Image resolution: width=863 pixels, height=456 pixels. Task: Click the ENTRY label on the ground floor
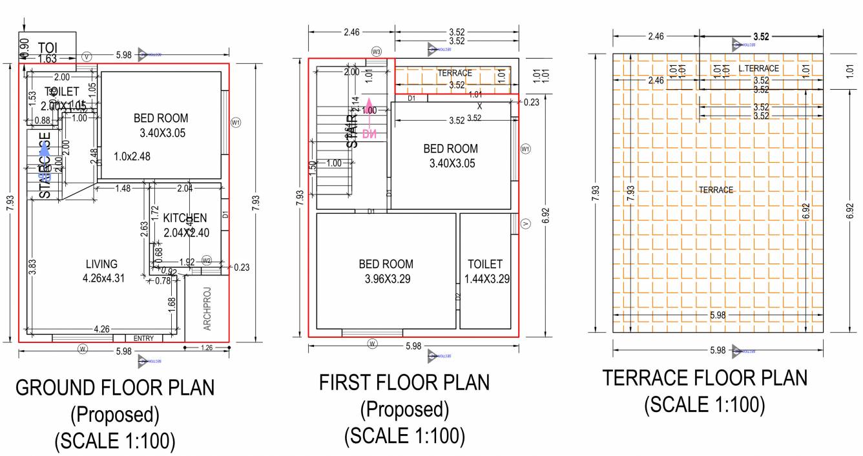coord(143,338)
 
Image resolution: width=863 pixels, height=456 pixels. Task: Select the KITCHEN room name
coord(185,218)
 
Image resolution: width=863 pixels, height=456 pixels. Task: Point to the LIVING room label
coord(101,264)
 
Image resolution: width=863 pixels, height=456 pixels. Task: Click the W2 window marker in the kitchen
coord(207,260)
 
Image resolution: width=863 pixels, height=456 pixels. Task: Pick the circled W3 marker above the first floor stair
coord(377,51)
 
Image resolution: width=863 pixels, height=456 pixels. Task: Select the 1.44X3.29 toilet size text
coord(484,279)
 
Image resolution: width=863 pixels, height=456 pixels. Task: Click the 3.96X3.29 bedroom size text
coord(386,279)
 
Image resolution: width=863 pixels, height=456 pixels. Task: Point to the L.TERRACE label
coord(758,68)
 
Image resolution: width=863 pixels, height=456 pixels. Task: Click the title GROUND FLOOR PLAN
coord(115,388)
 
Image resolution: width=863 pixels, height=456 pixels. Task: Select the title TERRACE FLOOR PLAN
coord(705,378)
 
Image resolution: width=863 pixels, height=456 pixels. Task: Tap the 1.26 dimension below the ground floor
coord(207,348)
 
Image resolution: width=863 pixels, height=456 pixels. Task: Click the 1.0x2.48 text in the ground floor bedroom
coord(132,156)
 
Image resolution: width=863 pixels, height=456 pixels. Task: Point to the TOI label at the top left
coord(48,48)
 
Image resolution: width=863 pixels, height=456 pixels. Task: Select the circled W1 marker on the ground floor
coord(236,121)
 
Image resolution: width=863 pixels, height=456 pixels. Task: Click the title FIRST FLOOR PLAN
coord(404,382)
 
